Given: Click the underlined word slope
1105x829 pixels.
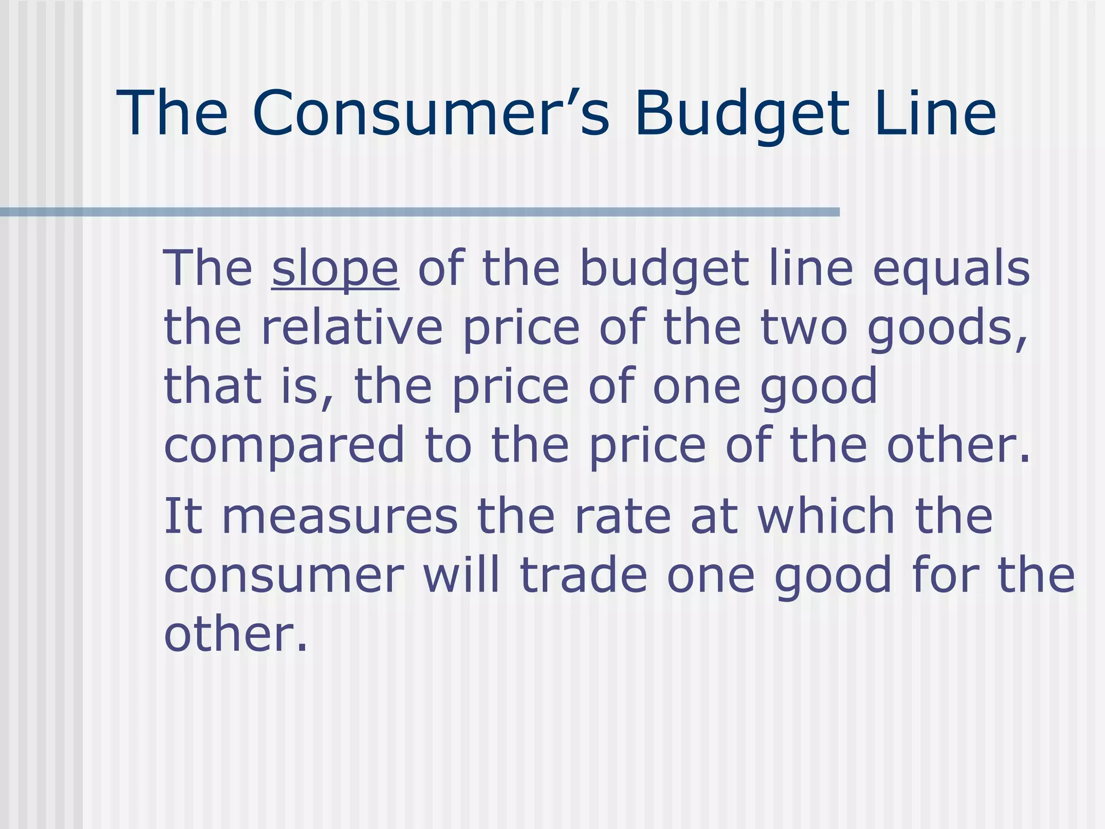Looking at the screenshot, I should (335, 270).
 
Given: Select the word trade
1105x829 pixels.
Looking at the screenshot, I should (583, 575).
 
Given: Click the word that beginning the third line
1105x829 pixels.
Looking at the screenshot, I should (213, 386).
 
